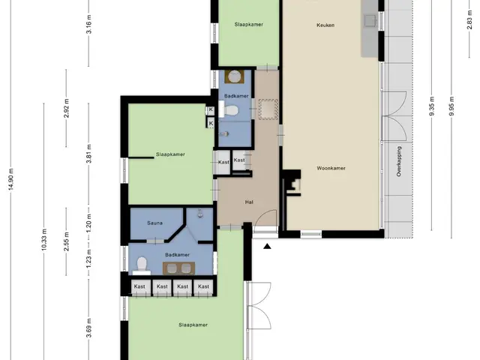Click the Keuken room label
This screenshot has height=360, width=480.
click(x=325, y=25)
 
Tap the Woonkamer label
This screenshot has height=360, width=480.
click(x=331, y=168)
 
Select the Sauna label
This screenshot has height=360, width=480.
click(x=154, y=223)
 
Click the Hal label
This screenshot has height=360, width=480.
click(x=249, y=202)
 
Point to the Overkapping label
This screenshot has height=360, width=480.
click(x=399, y=161)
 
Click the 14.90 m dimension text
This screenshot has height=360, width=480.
click(x=11, y=179)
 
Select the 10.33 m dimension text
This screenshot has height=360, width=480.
click(x=44, y=240)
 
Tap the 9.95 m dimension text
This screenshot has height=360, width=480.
click(x=451, y=106)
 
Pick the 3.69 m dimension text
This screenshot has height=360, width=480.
click(x=88, y=328)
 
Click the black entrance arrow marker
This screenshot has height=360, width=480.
click(x=267, y=246)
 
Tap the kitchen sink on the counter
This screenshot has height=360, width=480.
click(x=370, y=20)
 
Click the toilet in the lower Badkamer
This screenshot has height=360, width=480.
click(x=142, y=265)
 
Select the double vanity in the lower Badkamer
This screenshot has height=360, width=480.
click(x=178, y=268)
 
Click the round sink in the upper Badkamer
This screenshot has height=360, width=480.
click(x=235, y=76)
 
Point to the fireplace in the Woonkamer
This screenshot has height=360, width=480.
click(x=292, y=183)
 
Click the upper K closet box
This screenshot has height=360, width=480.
click(x=211, y=109)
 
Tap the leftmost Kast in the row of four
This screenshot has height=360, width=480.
click(x=140, y=287)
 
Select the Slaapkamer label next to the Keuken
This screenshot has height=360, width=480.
click(x=248, y=25)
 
